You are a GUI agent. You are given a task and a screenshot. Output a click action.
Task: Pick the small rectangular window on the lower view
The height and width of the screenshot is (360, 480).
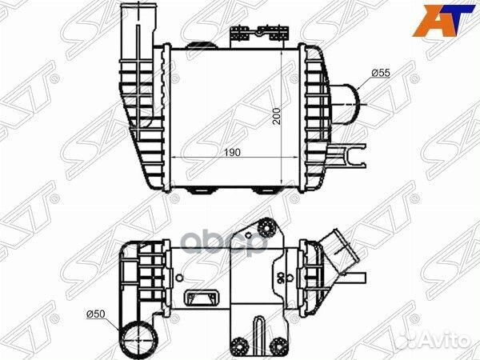200,299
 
